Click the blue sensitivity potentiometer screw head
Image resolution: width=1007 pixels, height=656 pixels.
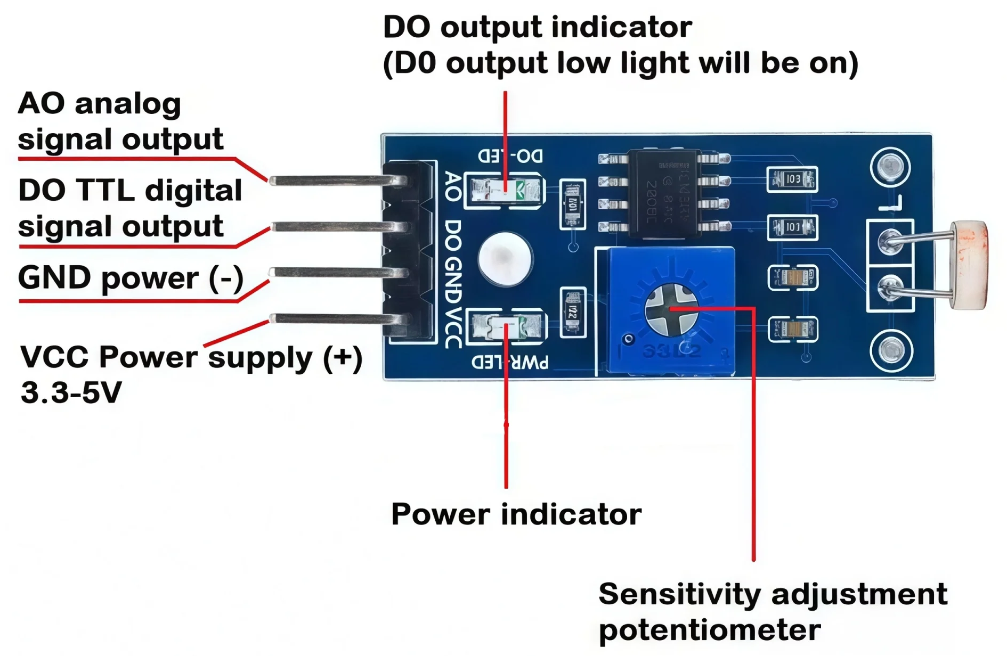[x=671, y=309]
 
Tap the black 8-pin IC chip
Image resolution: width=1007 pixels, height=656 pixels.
[x=664, y=192]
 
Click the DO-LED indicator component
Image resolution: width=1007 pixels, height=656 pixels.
[x=504, y=190]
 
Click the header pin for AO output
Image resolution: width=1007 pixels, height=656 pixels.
[x=336, y=181]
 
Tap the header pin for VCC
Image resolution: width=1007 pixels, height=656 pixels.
[x=336, y=319]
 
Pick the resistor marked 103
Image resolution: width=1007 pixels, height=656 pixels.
[x=792, y=179]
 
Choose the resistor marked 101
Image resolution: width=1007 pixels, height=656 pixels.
[x=792, y=227]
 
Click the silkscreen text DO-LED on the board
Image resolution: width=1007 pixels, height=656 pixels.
[x=510, y=156]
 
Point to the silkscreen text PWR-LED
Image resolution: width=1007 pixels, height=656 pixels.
[x=510, y=363]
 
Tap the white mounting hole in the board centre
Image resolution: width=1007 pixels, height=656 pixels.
[x=505, y=259]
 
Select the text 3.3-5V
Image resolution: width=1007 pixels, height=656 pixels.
[x=71, y=393]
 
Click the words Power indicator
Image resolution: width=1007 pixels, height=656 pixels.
[x=516, y=514]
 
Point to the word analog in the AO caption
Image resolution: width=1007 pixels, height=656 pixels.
[x=128, y=104]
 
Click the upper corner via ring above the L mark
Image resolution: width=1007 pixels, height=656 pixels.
[x=890, y=167]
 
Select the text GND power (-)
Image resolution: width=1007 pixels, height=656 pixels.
[x=131, y=278]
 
